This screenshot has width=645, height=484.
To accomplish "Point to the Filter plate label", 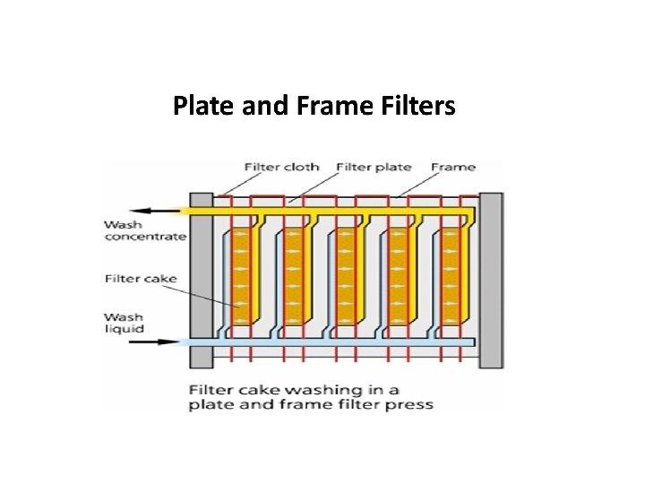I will (x=374, y=167).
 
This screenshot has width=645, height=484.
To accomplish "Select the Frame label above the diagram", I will (x=453, y=167).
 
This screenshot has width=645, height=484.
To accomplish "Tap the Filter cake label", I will (x=141, y=279).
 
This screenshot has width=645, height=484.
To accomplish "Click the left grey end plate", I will (x=201, y=280).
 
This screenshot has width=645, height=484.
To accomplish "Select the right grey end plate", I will (x=491, y=280).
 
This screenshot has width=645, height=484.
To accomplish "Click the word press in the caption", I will (x=411, y=405).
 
